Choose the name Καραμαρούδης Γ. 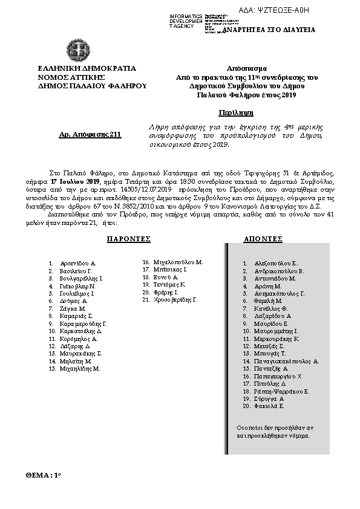pos(83,324)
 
